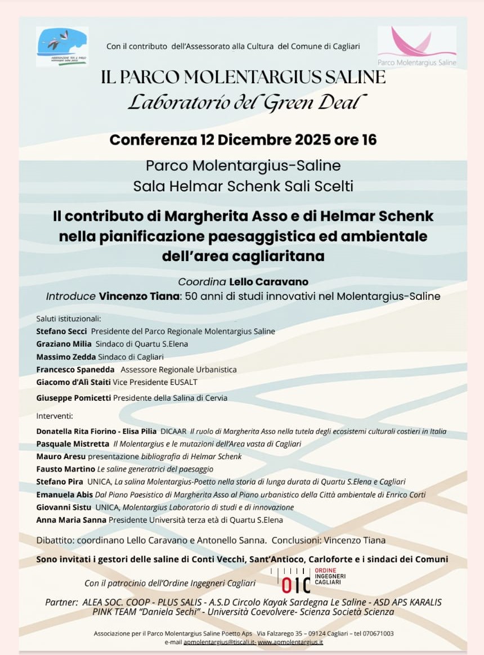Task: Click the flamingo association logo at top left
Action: point(62,46)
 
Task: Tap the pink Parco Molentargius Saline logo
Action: point(416,46)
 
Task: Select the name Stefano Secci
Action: point(61,331)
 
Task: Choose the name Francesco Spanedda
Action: point(75,370)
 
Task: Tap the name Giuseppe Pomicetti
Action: point(74,398)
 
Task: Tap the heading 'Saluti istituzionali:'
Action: point(68,318)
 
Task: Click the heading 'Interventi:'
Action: point(54,416)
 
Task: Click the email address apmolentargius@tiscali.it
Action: point(219,641)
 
